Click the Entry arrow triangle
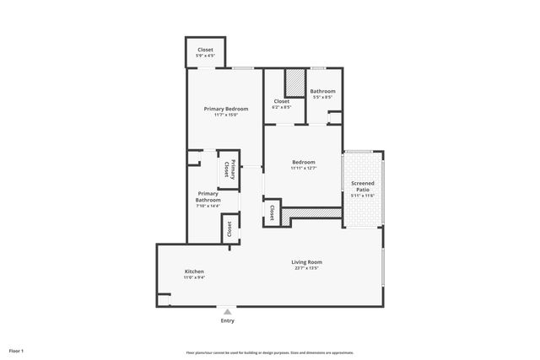[227, 311]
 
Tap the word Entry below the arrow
[228, 320]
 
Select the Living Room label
[307, 262]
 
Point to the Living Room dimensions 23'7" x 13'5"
[307, 269]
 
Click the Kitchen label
[194, 271]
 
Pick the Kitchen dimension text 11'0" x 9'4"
[194, 277]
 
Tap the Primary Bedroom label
[225, 109]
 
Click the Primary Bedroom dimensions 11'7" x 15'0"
[225, 116]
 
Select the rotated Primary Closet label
[229, 169]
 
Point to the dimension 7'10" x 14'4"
[208, 206]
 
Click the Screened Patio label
[363, 186]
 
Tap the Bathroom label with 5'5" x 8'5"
[322, 91]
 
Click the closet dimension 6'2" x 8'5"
[281, 107]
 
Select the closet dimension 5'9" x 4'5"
[206, 56]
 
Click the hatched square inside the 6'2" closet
[294, 83]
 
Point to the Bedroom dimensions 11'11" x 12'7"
[304, 168]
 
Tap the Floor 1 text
[16, 350]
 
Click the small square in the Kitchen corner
[163, 299]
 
